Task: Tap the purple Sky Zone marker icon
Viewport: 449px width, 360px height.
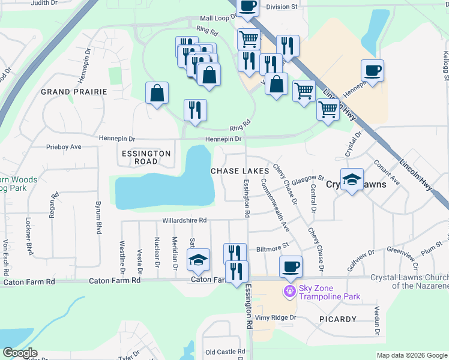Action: click(290, 291)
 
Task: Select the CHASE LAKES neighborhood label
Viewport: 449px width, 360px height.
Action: click(240, 171)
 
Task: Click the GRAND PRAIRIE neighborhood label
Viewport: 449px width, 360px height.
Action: click(74, 92)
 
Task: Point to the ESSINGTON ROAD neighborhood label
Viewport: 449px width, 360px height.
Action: click(146, 157)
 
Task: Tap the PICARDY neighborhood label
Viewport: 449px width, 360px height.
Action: click(338, 319)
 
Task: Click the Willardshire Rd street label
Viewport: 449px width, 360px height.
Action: click(184, 220)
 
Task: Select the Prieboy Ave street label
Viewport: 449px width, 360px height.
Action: click(64, 146)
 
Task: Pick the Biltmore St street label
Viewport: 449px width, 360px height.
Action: click(273, 245)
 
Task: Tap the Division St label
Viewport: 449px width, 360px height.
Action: click(282, 7)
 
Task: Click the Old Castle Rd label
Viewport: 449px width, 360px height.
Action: click(225, 352)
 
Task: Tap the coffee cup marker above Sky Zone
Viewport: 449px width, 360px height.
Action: click(291, 266)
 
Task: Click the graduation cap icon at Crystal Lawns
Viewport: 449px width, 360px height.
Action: click(352, 178)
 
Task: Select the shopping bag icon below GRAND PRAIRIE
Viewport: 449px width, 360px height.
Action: click(157, 93)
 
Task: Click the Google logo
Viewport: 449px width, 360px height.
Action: click(19, 353)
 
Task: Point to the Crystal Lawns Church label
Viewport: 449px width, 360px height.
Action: click(409, 281)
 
